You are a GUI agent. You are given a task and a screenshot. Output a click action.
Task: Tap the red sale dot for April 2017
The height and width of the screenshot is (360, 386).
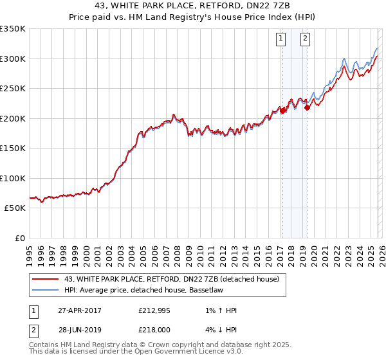[x=282, y=111]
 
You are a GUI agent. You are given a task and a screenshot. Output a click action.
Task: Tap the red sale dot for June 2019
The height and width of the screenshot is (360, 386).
[x=307, y=107]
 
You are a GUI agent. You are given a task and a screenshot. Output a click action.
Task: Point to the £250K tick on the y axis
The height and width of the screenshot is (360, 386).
[x=13, y=89]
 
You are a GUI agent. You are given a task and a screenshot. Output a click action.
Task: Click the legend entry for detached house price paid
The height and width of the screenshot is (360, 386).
[x=171, y=279]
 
